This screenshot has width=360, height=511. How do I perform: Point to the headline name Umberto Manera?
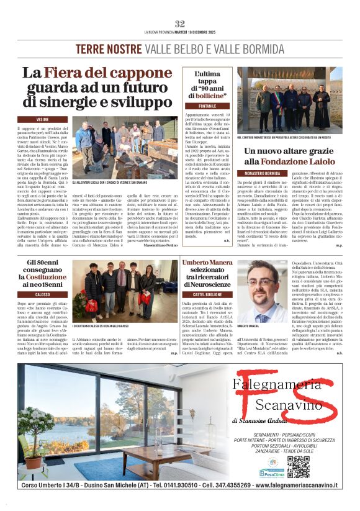(208, 264)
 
